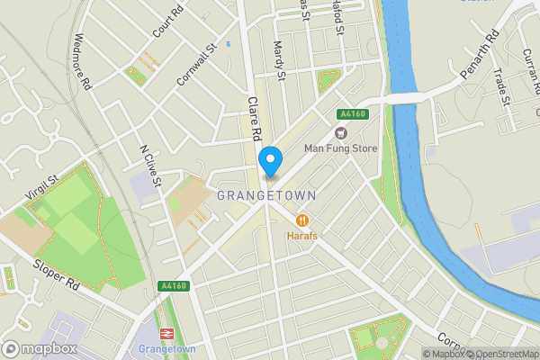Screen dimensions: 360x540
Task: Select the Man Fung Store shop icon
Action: [340, 132]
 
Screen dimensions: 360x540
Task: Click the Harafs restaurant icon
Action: [303, 219]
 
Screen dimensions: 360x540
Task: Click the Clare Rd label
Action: [256, 119]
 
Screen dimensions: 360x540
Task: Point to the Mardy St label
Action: [278, 61]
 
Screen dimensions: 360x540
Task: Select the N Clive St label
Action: [149, 166]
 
